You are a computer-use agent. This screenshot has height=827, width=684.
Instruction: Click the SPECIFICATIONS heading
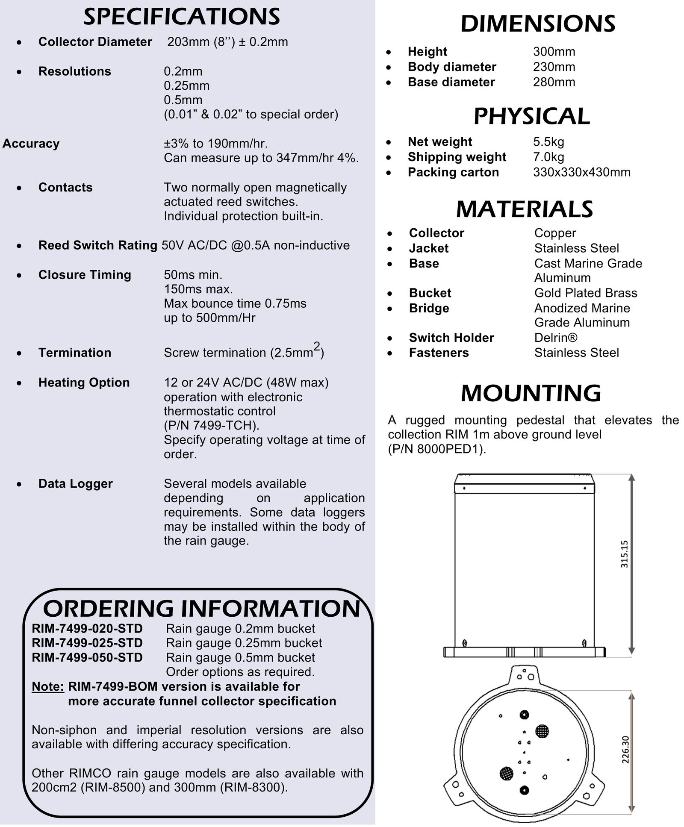click(182, 17)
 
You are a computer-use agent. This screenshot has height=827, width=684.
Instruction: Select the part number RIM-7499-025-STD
click(87, 643)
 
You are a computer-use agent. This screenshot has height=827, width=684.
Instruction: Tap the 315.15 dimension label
click(625, 554)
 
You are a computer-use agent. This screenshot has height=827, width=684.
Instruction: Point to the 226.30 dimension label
click(625, 750)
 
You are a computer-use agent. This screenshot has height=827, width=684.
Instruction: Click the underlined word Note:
click(48, 686)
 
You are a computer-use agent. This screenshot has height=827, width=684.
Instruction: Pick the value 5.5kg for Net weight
click(548, 142)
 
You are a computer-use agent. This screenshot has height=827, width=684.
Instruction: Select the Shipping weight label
click(457, 157)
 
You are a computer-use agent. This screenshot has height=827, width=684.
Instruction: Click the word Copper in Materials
click(555, 233)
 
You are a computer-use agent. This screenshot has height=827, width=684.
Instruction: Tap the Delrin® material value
click(556, 338)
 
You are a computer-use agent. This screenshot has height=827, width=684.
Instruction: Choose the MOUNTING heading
click(531, 393)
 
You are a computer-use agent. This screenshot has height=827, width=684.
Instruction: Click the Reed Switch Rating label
click(98, 245)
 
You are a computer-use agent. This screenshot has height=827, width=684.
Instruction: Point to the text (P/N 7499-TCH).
click(212, 426)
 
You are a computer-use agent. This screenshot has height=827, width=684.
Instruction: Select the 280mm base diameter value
click(554, 82)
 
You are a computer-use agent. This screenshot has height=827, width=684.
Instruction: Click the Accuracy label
click(31, 144)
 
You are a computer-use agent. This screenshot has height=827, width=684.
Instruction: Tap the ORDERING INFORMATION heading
click(202, 609)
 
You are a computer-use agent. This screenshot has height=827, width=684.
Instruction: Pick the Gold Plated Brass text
click(586, 293)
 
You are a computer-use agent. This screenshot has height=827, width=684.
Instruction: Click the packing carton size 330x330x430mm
click(581, 172)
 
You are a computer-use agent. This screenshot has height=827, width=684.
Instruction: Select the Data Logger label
click(75, 484)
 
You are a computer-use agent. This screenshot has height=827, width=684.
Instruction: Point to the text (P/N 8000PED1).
click(437, 449)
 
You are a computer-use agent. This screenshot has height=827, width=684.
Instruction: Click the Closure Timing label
click(85, 275)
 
